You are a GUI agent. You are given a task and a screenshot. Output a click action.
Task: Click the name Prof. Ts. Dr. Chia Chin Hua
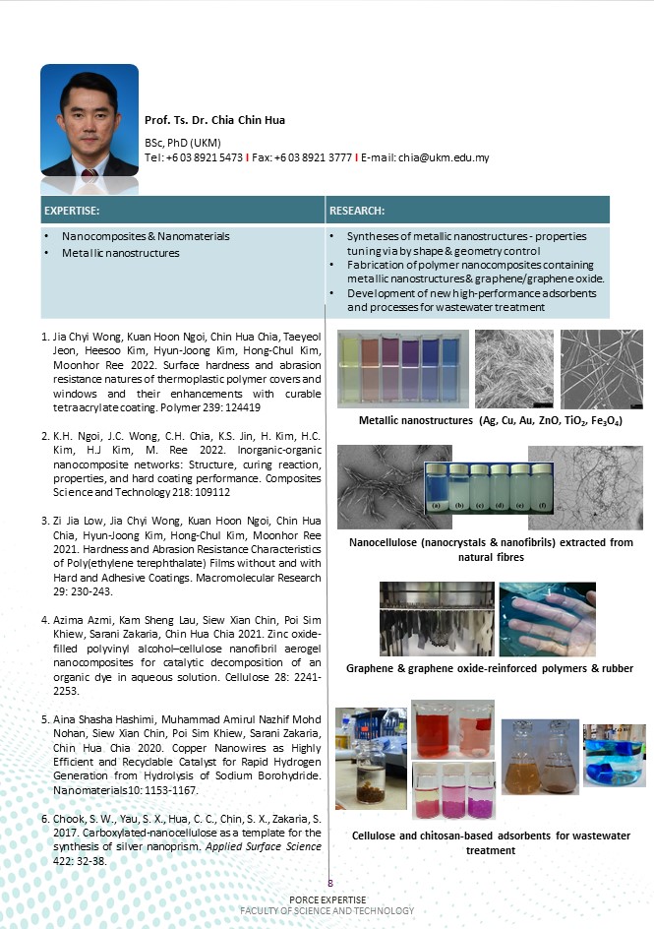[x=214, y=120]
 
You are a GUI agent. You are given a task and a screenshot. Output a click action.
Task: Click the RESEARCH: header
[x=356, y=211]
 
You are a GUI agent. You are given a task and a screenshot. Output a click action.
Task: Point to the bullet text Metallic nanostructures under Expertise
[x=120, y=253]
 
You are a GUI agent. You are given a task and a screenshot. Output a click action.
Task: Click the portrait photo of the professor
[x=89, y=121]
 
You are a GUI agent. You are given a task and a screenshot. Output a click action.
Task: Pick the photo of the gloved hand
[x=547, y=620]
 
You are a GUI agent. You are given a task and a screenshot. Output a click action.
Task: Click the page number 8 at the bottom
[x=330, y=883]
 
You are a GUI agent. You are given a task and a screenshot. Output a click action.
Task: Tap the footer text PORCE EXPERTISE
[x=327, y=900]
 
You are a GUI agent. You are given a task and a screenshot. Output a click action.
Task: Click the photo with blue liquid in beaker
[x=614, y=755]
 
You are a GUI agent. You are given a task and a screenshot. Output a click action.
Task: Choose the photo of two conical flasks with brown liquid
[x=539, y=757]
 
